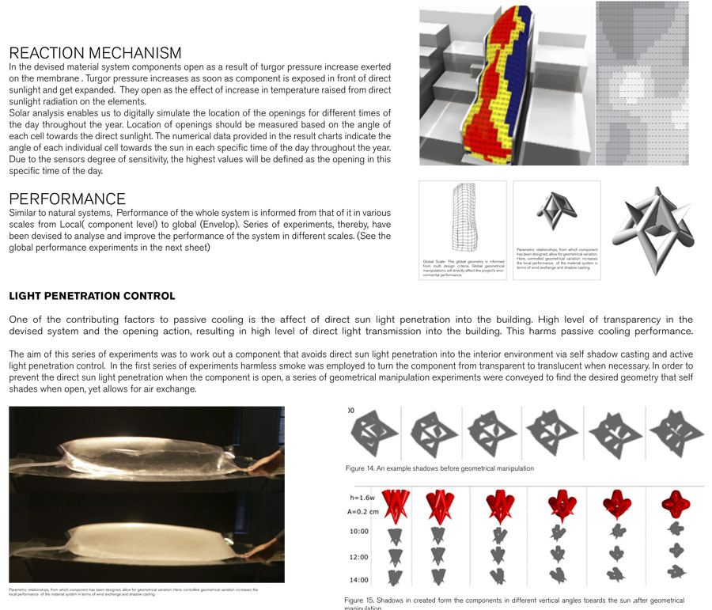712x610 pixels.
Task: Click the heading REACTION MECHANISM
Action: [x=95, y=53]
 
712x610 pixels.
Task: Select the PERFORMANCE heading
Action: [x=67, y=199]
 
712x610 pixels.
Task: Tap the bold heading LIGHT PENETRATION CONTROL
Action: [x=92, y=296]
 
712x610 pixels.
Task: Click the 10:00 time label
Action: [x=359, y=531]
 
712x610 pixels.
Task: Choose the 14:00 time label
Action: [x=359, y=579]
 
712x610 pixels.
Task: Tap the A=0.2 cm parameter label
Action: [x=362, y=510]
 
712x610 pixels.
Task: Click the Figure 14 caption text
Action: [x=439, y=468]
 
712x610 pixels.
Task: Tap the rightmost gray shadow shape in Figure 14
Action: [x=677, y=432]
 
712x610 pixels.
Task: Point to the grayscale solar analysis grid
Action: [x=642, y=82]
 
